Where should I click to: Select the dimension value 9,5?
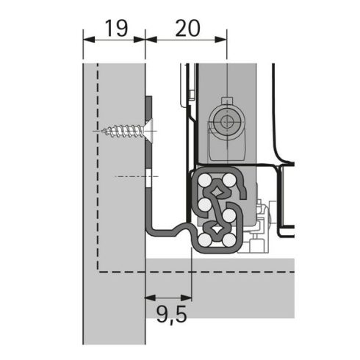[x=170, y=320]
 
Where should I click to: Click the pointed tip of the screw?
[x=104, y=132]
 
